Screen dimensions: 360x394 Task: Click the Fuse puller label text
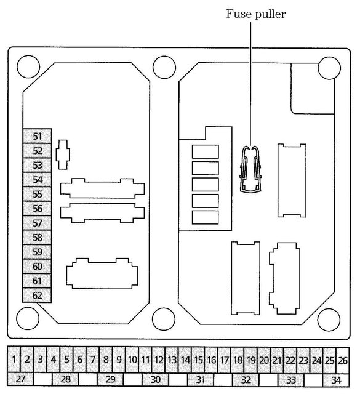coord(256,14)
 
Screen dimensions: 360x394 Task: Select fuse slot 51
coord(38,136)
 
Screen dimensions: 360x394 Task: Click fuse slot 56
coord(38,209)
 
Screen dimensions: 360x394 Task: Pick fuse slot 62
coord(38,295)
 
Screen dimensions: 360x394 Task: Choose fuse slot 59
coord(38,252)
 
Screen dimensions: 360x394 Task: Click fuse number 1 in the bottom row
coord(14,360)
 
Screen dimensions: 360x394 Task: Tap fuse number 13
coord(172,360)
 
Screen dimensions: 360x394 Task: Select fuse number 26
coord(343,360)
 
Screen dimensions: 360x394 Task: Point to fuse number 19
coord(250,360)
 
